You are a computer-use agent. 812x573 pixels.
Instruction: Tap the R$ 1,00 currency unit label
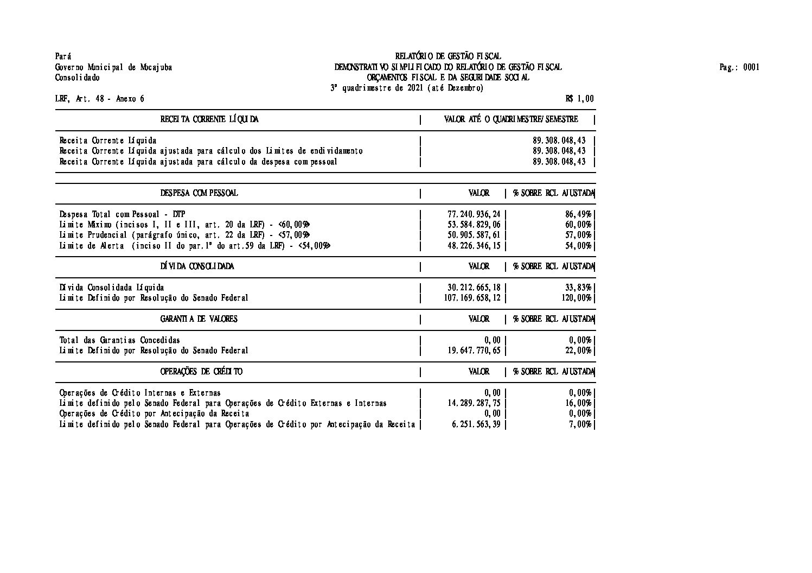579,99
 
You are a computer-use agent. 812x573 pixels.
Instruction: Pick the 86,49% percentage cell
578,214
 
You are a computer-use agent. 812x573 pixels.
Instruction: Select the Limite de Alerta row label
195,246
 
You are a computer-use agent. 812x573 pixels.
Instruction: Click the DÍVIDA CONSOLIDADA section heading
197,266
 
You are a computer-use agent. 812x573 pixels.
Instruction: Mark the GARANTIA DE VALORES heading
199,319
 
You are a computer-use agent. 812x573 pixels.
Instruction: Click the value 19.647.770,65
474,351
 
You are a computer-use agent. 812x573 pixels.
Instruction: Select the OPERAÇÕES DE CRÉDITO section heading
201,372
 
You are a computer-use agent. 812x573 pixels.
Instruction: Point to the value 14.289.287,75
474,403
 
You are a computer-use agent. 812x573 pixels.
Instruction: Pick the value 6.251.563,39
476,424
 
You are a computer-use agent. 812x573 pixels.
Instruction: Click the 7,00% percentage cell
580,424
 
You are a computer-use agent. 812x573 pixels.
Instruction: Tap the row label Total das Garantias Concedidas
120,340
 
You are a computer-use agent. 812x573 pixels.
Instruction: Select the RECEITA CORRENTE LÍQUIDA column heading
209,119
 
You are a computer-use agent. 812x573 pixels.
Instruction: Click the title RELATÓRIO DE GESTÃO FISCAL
448,56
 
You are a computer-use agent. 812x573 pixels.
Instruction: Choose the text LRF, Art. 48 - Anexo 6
100,99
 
